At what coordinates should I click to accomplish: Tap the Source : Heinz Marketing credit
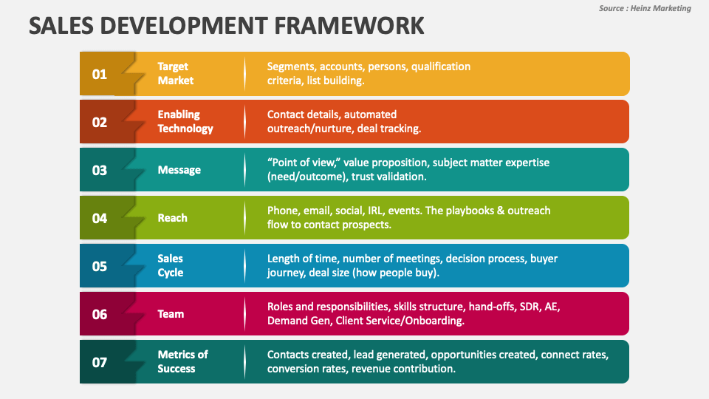coord(645,8)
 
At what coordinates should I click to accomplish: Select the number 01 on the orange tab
coord(100,74)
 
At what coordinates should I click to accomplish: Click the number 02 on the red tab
coord(100,122)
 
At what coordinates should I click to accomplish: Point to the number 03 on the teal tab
coord(100,170)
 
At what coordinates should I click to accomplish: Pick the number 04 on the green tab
coord(100,218)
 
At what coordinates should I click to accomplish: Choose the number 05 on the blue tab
coord(100,266)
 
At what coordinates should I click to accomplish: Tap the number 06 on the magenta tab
coord(100,314)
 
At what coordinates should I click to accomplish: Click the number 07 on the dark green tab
coord(100,362)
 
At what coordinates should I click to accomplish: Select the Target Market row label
coord(176,73)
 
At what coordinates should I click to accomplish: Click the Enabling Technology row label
coord(185,121)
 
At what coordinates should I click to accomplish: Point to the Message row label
coord(179,170)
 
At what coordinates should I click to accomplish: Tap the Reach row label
coord(172,218)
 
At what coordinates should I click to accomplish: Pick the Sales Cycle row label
coord(171,265)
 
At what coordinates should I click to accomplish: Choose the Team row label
coord(171,314)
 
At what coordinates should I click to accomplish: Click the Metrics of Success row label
coord(182,361)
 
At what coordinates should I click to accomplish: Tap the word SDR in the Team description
coord(527,307)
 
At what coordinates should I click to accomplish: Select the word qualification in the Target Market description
coord(441,66)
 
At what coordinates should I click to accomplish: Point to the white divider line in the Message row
coord(244,170)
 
